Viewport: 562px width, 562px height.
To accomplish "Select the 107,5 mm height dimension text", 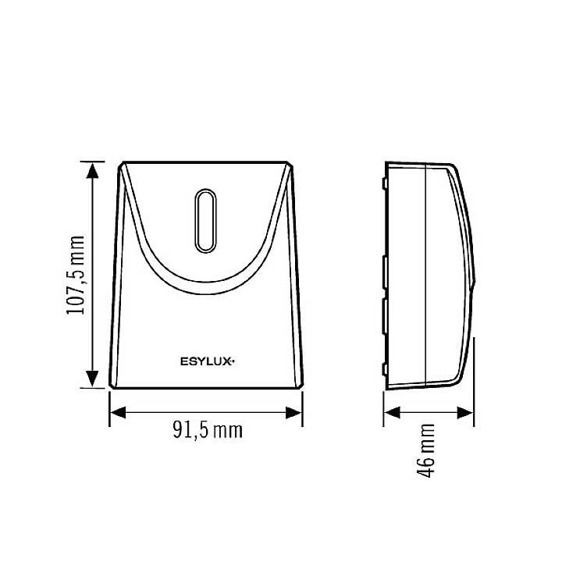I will click(76, 274).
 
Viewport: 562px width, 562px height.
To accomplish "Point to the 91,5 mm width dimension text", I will click(205, 430).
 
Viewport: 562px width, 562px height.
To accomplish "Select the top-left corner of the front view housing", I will click(122, 163).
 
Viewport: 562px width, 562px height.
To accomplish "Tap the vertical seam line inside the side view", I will click(424, 273).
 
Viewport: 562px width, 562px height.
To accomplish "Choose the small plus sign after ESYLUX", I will click(233, 359).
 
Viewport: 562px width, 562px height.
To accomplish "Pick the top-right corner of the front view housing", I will click(290, 163).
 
